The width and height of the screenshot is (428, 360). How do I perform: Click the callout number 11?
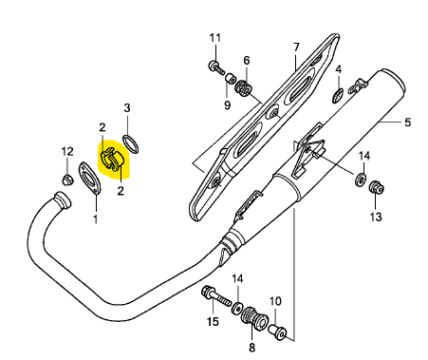(215, 38)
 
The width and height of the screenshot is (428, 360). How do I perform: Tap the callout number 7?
(296, 47)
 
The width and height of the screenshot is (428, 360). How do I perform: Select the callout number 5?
(408, 122)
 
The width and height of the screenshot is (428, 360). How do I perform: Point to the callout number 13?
(376, 217)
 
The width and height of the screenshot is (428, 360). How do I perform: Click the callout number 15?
(213, 322)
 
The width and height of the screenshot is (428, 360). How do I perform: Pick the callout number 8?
(251, 348)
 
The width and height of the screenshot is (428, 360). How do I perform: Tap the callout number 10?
(275, 301)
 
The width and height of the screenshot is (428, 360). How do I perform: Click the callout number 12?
(67, 152)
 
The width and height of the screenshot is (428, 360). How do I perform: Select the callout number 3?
(127, 108)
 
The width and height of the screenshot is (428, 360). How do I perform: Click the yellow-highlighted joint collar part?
(114, 160)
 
